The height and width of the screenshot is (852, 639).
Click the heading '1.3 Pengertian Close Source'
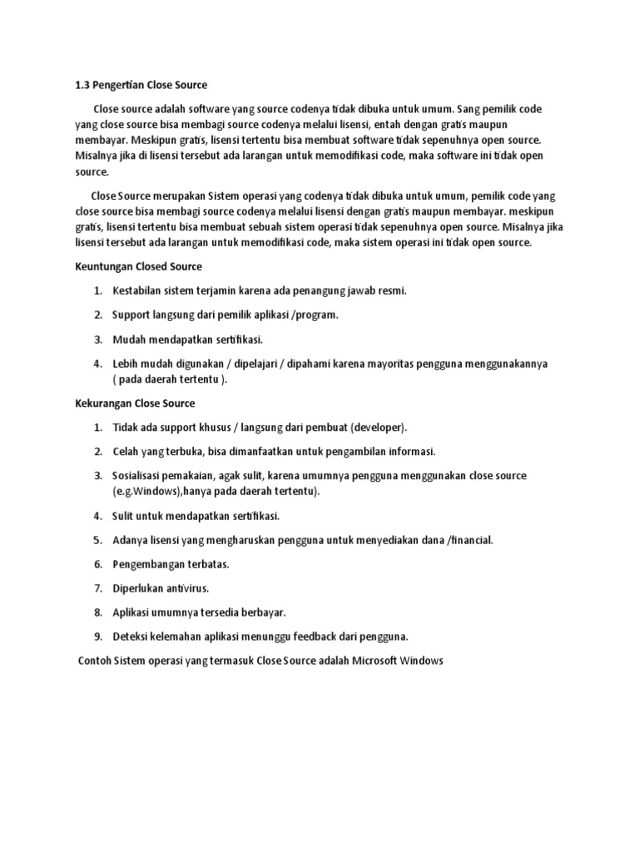tap(136, 85)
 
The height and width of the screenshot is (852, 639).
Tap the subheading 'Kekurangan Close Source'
tap(130, 404)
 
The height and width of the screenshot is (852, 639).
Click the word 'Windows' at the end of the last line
tap(422, 661)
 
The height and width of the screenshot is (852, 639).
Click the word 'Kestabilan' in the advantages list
tap(137, 291)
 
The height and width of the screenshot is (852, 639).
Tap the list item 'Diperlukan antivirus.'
tap(161, 588)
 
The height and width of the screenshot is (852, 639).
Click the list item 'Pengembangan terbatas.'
tap(171, 564)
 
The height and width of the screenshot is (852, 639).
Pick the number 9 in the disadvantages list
tap(97, 637)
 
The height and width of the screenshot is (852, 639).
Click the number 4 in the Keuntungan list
tap(97, 364)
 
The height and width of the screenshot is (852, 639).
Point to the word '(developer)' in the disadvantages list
tap(379, 428)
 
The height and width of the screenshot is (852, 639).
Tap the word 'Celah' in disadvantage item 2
tap(126, 452)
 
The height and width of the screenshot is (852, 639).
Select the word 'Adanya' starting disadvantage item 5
tap(130, 540)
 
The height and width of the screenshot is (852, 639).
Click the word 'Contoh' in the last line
tap(94, 661)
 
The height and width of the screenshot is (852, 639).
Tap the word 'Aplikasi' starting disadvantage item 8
tap(132, 612)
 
